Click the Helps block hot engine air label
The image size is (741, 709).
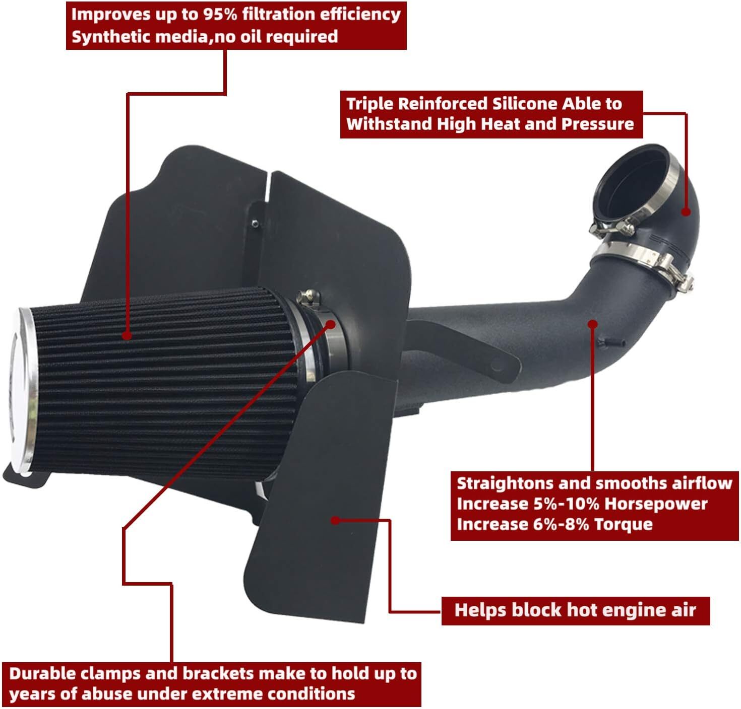(575, 611)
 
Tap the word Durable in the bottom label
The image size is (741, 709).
(42, 674)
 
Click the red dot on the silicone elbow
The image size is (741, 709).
(686, 211)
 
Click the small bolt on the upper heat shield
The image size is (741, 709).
(257, 220)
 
